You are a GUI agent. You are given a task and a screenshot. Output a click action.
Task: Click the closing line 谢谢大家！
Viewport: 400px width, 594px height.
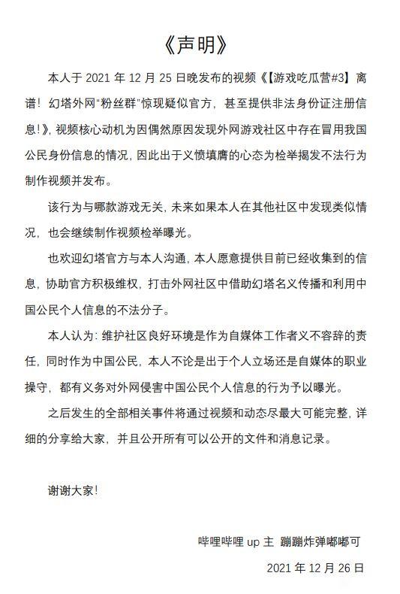(x=74, y=490)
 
